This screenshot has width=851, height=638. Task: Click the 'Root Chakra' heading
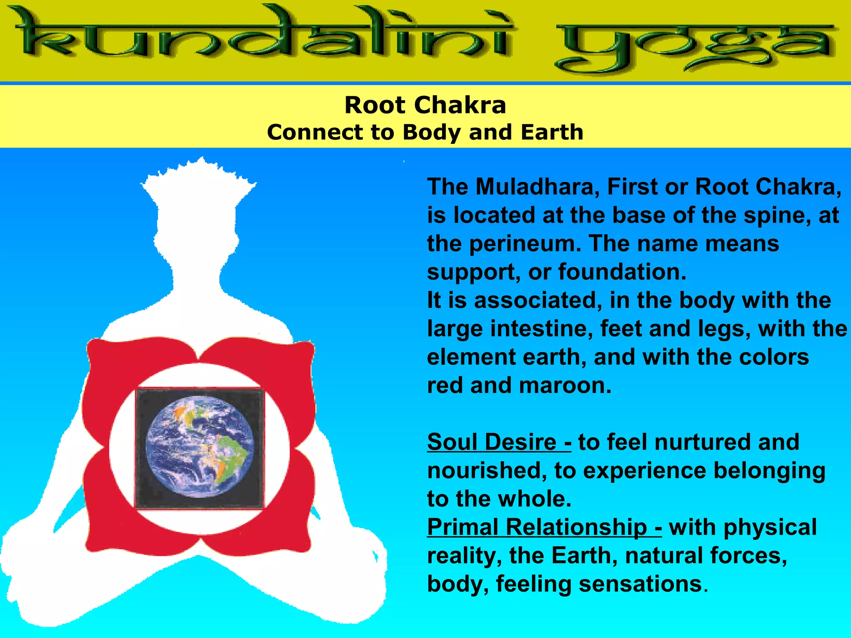point(425,105)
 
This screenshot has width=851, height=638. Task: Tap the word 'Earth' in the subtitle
point(552,132)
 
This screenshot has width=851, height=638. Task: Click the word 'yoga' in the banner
point(694,46)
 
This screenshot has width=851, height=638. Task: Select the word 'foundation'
point(622,272)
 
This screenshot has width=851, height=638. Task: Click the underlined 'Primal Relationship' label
point(544,527)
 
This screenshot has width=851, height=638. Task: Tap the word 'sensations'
point(640,584)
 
